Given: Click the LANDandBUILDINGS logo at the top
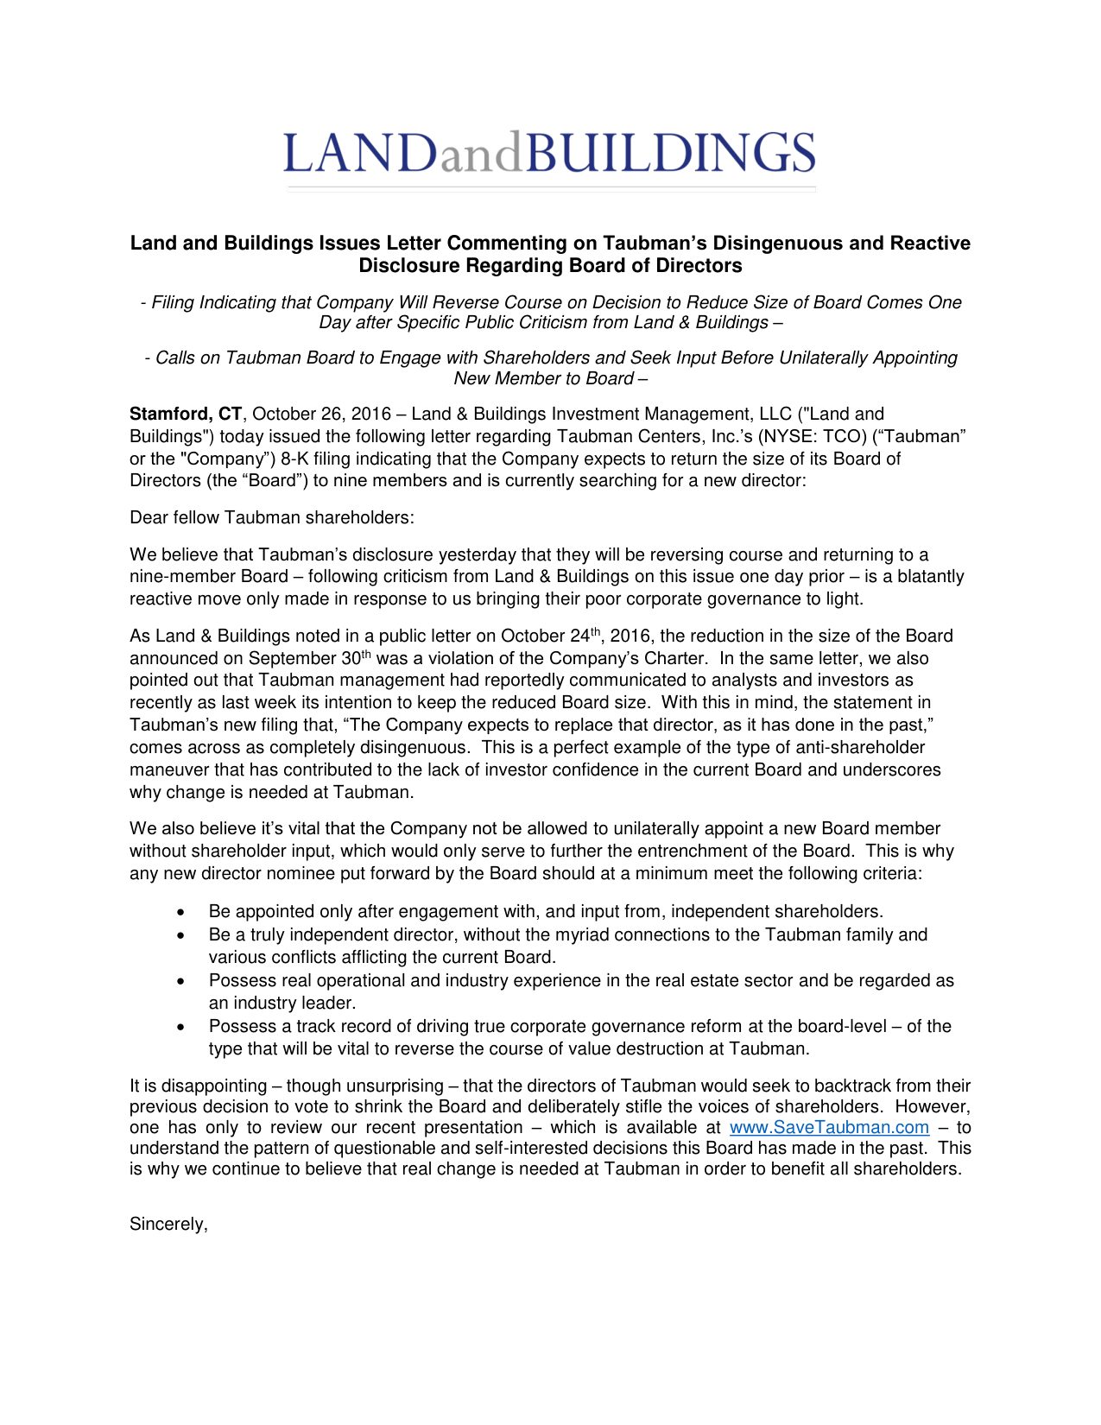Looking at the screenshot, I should point(549,154).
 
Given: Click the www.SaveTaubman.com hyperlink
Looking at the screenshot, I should point(829,1127).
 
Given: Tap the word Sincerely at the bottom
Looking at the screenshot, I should point(168,1224).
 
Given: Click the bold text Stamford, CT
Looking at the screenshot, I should point(185,415).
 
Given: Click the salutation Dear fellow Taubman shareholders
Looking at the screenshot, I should point(271,517).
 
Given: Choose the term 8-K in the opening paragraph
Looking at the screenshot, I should point(295,459).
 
